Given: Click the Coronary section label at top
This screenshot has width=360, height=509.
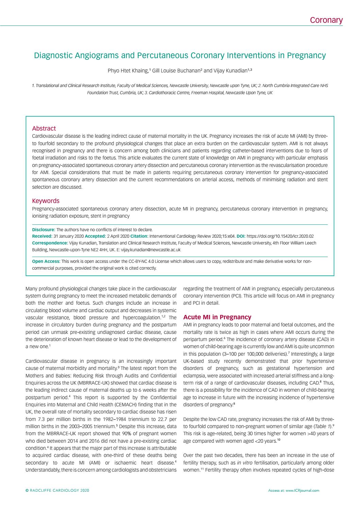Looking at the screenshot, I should pyautogui.click(x=326, y=20).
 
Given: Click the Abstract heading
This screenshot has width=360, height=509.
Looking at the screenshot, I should pyautogui.click(x=44, y=129).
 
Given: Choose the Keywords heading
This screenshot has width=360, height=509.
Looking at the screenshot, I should pyautogui.click(x=46, y=201).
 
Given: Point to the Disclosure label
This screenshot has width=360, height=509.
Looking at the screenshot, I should pyautogui.click(x=43, y=230).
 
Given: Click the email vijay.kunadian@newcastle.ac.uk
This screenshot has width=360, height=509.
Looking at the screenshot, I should pyautogui.click(x=151, y=250).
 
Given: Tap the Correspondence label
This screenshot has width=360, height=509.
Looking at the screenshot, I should pyautogui.click(x=50, y=243).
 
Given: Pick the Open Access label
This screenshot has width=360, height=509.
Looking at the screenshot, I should pyautogui.click(x=46, y=261).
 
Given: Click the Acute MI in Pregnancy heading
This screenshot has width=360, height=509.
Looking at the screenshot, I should pyautogui.click(x=217, y=317).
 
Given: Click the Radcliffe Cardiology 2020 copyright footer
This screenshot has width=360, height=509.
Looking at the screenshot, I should pyautogui.click(x=57, y=491).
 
